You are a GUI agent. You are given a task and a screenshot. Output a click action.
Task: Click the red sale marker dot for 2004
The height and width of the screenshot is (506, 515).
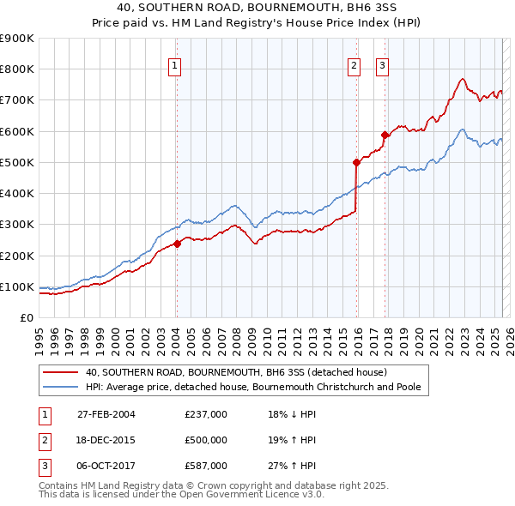(x=177, y=244)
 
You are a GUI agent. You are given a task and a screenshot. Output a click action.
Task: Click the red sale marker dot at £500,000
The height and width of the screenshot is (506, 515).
(x=355, y=161)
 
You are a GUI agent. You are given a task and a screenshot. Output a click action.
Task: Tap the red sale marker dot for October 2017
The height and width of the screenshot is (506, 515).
(x=385, y=134)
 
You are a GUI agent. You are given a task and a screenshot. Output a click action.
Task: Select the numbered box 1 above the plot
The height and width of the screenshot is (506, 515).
(x=175, y=64)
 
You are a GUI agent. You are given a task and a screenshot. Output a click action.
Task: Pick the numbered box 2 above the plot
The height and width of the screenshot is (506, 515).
(x=354, y=64)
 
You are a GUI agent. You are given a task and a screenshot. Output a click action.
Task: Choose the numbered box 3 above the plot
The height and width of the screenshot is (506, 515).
(x=382, y=64)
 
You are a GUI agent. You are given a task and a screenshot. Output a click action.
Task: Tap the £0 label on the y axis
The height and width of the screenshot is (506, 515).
(x=26, y=318)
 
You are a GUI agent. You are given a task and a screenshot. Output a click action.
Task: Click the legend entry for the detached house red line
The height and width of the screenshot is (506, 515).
(x=236, y=373)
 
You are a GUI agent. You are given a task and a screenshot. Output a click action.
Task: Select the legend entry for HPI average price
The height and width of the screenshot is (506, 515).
(x=252, y=387)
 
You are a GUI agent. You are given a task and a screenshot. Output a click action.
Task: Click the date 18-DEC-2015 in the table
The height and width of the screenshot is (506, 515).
(x=106, y=440)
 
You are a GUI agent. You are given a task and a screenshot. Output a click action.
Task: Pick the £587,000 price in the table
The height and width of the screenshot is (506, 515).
(x=206, y=466)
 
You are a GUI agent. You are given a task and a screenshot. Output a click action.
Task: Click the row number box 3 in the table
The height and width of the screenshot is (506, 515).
(x=44, y=466)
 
